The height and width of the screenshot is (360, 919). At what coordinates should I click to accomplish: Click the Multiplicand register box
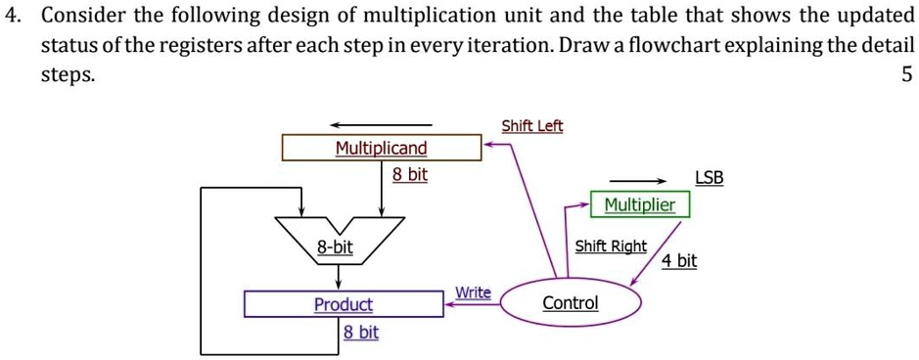[x=381, y=148]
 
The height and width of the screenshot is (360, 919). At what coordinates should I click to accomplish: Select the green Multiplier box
[x=639, y=204]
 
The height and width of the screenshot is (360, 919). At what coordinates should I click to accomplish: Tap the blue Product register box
[x=344, y=304]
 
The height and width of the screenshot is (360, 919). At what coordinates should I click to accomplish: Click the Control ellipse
[x=571, y=302]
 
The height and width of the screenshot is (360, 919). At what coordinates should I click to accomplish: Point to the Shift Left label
[x=531, y=126]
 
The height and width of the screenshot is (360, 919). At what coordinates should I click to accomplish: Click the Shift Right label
[x=610, y=246]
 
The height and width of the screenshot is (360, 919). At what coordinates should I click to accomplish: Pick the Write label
[x=473, y=292]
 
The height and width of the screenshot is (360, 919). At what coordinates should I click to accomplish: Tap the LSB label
[x=709, y=177]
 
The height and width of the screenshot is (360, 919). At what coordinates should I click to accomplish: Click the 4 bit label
[x=679, y=260]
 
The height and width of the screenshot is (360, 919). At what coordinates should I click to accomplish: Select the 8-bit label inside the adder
[x=335, y=247]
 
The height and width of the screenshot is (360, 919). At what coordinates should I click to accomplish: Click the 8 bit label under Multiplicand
[x=410, y=174]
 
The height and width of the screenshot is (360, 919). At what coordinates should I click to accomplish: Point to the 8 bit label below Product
[x=360, y=333]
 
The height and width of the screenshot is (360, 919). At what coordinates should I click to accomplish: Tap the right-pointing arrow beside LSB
[x=638, y=180]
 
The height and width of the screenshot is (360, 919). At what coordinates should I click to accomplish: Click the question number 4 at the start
[x=12, y=17]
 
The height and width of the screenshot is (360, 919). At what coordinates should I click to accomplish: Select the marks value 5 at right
[x=905, y=74]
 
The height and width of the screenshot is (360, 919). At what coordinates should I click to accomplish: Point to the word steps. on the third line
[x=68, y=75]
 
